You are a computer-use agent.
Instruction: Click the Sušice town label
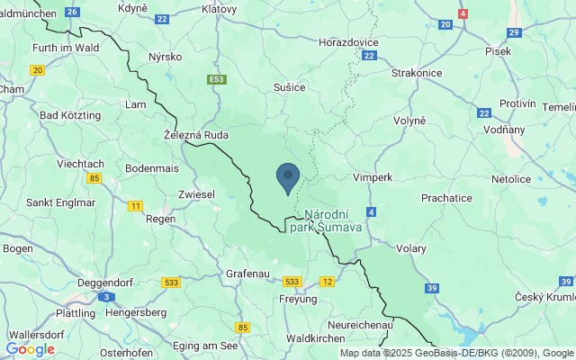(x=290, y=87)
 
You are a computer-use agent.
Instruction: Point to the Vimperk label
(x=373, y=177)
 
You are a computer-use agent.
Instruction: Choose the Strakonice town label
(x=416, y=72)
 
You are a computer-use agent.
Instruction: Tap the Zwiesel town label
(x=197, y=193)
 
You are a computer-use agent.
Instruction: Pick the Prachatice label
(x=446, y=197)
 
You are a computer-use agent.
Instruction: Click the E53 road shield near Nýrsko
(x=215, y=80)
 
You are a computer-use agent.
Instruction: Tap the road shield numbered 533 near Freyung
(x=291, y=282)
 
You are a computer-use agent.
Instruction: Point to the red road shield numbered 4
(x=463, y=14)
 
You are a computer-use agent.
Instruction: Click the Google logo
(x=30, y=349)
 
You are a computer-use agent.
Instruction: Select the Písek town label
(x=498, y=51)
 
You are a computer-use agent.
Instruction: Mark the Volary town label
(x=411, y=249)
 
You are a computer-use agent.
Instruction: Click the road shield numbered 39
(x=432, y=288)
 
